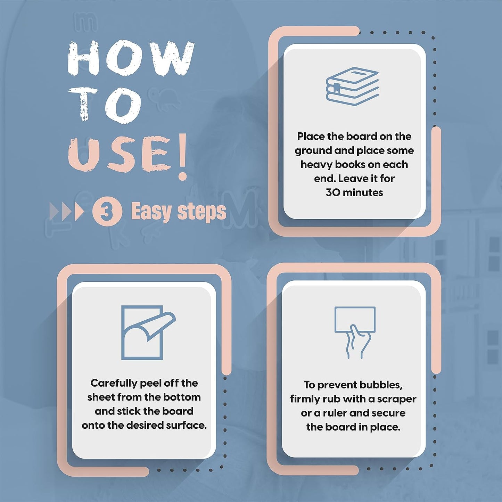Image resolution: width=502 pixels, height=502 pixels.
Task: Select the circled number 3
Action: [x=107, y=211]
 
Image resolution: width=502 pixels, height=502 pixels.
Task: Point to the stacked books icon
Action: [x=352, y=87]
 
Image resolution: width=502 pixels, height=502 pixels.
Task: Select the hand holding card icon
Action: [x=355, y=333]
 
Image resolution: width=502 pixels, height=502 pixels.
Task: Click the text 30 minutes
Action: [x=354, y=192]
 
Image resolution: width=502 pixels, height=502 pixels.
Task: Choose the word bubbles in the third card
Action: [x=382, y=385]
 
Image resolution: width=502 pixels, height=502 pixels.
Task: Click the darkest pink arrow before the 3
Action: [x=79, y=212]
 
